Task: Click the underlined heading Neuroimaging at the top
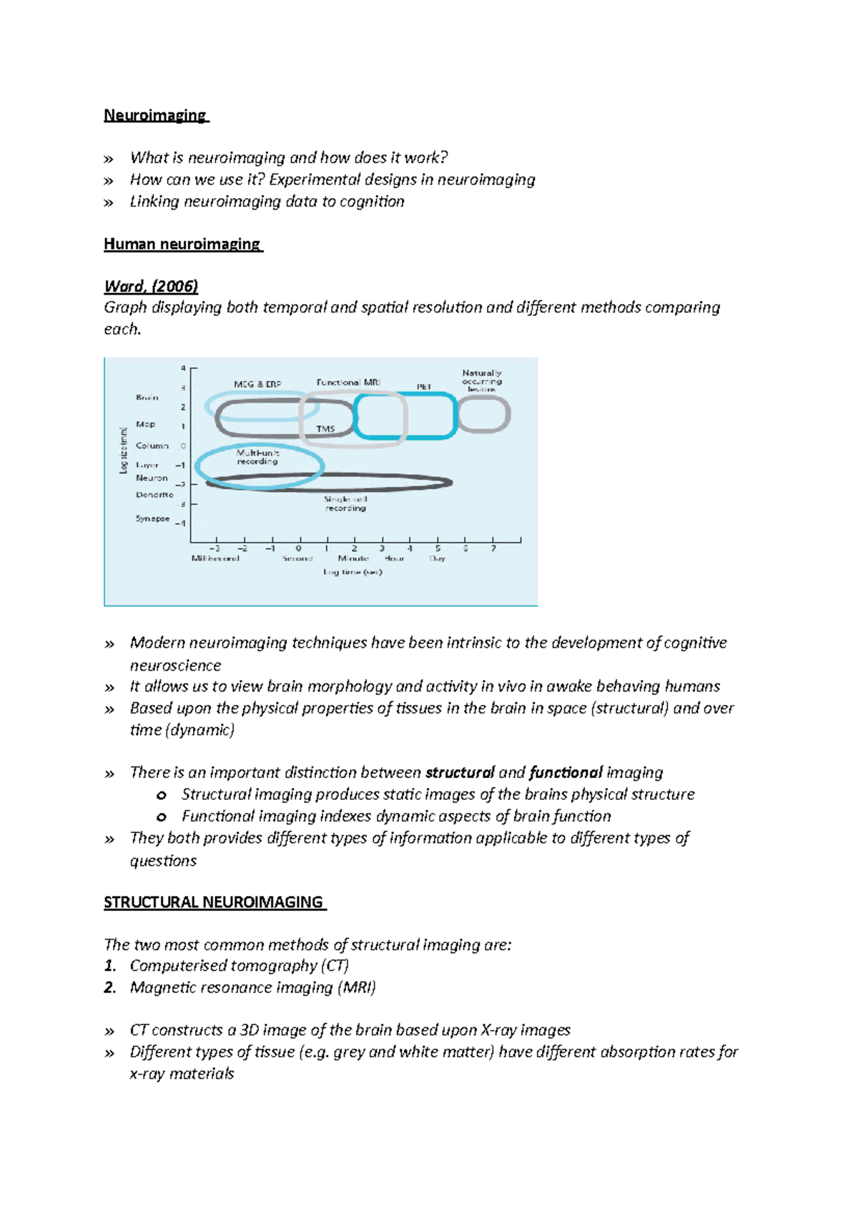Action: (155, 115)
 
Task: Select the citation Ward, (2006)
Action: (151, 286)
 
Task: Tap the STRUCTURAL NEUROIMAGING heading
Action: (214, 902)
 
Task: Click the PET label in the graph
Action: (424, 387)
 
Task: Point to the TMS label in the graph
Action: (325, 429)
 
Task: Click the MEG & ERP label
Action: (257, 384)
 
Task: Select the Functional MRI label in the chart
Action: (348, 383)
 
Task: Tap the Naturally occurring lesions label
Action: (482, 380)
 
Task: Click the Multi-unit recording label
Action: (257, 457)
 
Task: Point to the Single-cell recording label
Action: (345, 503)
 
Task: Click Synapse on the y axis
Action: (152, 518)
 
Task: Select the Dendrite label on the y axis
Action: (154, 495)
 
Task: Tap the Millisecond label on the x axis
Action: (215, 558)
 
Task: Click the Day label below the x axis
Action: (437, 558)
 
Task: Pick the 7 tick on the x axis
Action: (493, 548)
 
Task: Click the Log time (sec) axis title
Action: (352, 572)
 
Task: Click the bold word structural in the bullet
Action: (460, 773)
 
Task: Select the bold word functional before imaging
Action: (566, 773)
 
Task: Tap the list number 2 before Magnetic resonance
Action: (109, 988)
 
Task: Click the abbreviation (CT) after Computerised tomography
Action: (335, 966)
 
